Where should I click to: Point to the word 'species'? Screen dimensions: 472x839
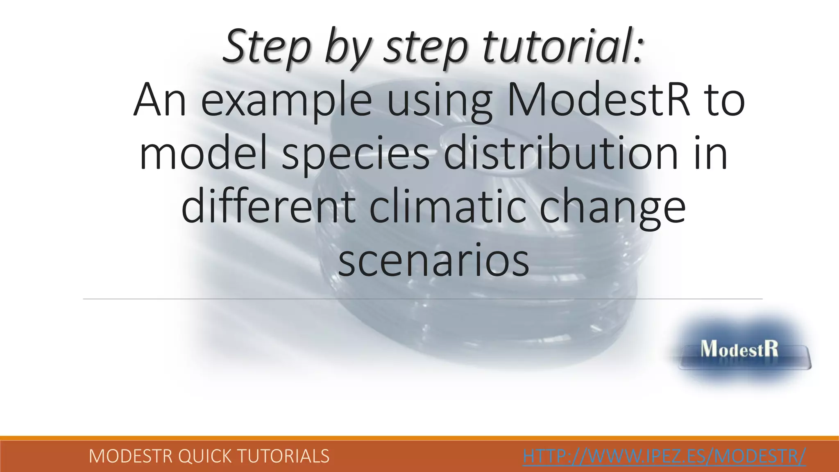(x=356, y=154)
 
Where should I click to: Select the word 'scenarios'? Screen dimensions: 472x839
(x=433, y=260)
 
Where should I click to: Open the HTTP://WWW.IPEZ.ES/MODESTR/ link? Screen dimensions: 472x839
(x=664, y=456)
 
